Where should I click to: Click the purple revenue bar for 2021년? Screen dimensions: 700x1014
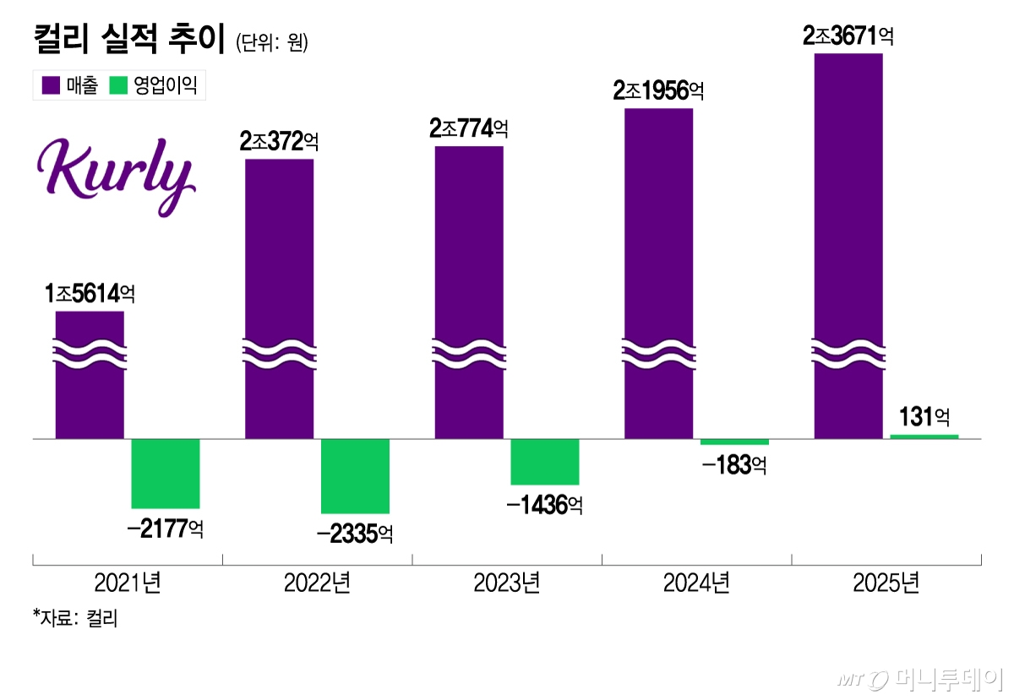(x=90, y=388)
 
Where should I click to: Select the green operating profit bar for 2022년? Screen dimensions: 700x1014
(x=356, y=475)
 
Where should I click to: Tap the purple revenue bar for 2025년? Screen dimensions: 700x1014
(x=848, y=245)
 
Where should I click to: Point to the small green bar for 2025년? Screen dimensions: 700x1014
(x=924, y=437)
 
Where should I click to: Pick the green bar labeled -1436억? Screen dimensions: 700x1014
(x=545, y=461)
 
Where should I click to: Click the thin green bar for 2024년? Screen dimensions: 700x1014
(x=734, y=442)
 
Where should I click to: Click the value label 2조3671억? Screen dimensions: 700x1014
(x=848, y=35)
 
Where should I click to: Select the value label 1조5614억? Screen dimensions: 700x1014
(x=90, y=294)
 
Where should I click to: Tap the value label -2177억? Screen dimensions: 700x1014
(x=165, y=529)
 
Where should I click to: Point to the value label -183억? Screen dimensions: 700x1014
(x=733, y=464)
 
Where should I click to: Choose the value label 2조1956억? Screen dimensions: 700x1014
(x=658, y=90)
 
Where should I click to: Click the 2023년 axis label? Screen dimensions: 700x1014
(x=507, y=583)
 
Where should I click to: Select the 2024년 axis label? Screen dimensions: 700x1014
(x=696, y=583)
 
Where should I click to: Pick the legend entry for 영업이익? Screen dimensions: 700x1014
(x=155, y=85)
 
